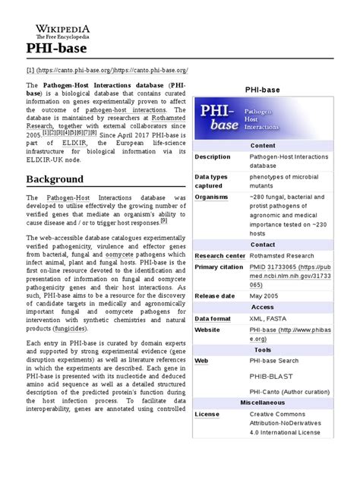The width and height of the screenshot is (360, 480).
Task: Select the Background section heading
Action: [55, 179]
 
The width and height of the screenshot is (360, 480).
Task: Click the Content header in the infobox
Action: [263, 146]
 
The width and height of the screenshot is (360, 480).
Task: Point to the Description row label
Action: [212, 157]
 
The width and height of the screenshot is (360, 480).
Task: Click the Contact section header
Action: [263, 245]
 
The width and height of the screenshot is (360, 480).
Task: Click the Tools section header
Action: [263, 350]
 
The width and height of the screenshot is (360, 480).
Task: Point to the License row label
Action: [207, 415]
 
